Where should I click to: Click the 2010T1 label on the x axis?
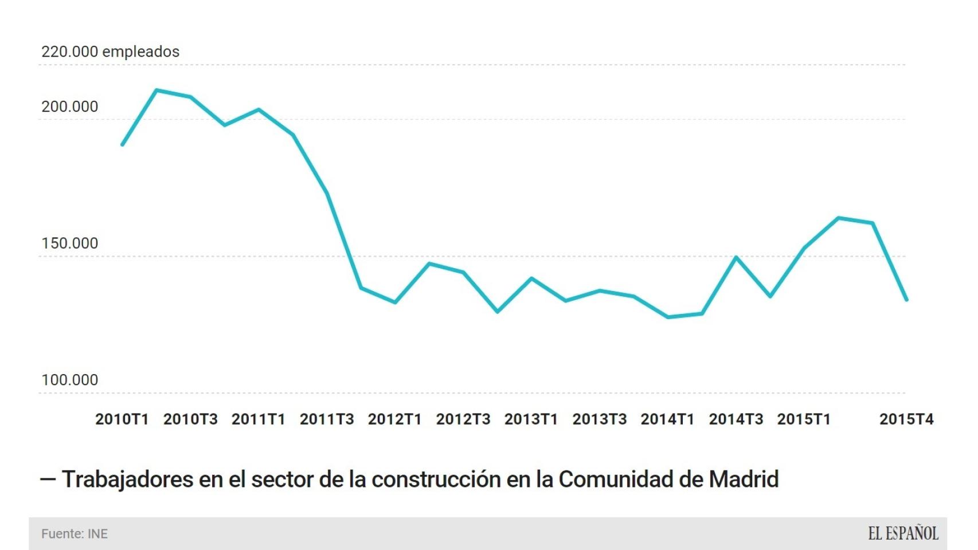click(x=122, y=419)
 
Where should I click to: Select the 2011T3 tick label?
click(x=327, y=419)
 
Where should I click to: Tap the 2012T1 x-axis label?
click(x=394, y=419)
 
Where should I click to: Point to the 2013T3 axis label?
click(x=599, y=419)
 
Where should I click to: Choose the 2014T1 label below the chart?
click(x=667, y=419)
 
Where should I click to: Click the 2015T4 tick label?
click(x=906, y=419)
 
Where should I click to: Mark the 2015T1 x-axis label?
click(x=804, y=419)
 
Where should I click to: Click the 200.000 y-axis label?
click(x=69, y=107)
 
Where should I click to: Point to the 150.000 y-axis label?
click(x=69, y=243)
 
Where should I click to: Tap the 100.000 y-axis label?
click(x=69, y=380)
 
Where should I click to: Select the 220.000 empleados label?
click(x=110, y=52)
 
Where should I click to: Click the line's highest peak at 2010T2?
click(x=157, y=90)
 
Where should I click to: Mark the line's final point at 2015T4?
click(x=906, y=300)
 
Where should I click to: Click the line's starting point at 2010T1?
click(x=122, y=144)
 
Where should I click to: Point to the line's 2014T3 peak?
click(x=736, y=257)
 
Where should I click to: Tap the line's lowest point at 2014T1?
click(x=668, y=317)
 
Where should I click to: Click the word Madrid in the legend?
click(x=744, y=480)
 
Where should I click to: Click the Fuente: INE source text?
click(x=75, y=534)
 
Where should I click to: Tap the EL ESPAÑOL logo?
click(x=903, y=534)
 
